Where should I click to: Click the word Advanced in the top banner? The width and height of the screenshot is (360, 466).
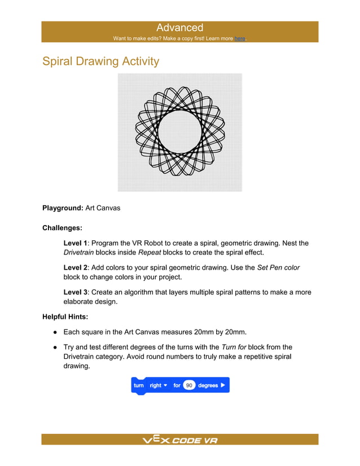(179, 28)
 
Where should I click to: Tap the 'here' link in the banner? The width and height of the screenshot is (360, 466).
(240, 38)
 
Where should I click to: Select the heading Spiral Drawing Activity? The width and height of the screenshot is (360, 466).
(101, 61)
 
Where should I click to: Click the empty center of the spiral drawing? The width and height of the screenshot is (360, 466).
(179, 131)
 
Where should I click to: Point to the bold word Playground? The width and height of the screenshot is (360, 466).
(63, 208)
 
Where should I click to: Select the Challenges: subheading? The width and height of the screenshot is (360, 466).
(62, 228)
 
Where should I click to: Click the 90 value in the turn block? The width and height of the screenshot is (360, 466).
(189, 385)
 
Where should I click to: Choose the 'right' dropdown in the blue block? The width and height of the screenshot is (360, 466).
(159, 385)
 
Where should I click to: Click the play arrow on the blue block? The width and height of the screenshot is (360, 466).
(223, 385)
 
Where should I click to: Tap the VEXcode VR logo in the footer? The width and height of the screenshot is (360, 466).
(179, 440)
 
